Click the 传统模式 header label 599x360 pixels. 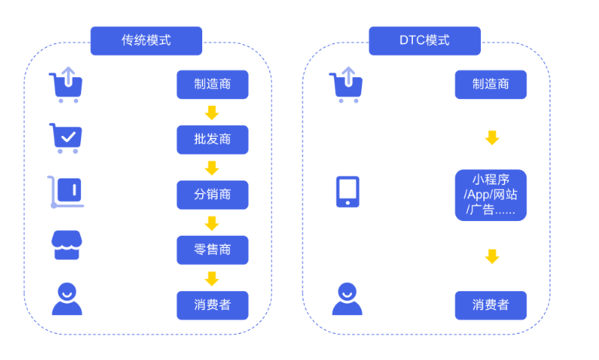[x=146, y=40]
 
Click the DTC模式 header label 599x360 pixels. [x=425, y=40]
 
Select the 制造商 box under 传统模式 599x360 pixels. [x=212, y=84]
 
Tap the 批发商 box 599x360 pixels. [x=212, y=140]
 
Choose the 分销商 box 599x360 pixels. [x=212, y=195]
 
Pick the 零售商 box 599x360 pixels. [x=212, y=250]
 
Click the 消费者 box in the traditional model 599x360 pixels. [x=212, y=305]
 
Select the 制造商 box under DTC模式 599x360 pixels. [x=491, y=84]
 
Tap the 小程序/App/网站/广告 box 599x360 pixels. [x=491, y=195]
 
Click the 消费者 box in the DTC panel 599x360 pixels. [x=491, y=305]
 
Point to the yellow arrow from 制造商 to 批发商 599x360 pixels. [x=212, y=112]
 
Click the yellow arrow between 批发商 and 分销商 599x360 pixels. [x=212, y=168]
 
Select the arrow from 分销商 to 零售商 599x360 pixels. [x=212, y=222]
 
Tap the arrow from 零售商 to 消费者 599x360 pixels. [x=212, y=278]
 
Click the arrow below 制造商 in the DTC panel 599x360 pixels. [x=492, y=138]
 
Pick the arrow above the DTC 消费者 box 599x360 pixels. [x=492, y=256]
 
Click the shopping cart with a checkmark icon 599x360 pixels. [x=66, y=138]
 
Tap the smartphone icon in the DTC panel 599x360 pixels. [x=347, y=192]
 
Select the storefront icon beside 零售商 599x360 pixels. [x=66, y=245]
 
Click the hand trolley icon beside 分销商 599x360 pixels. [x=65, y=192]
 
